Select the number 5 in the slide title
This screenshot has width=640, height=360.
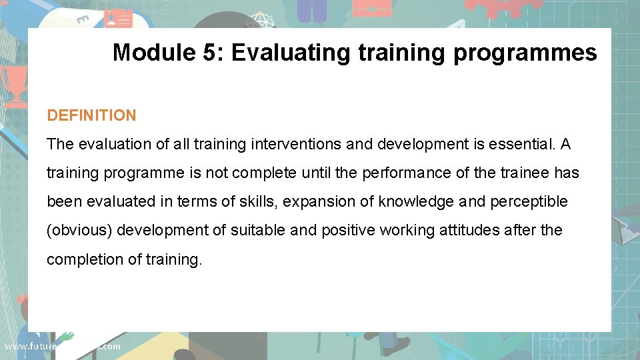click(x=210, y=52)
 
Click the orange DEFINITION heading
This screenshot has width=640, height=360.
click(x=91, y=115)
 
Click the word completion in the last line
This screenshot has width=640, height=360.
click(x=81, y=259)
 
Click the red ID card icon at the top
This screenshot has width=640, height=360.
click(x=118, y=17)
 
